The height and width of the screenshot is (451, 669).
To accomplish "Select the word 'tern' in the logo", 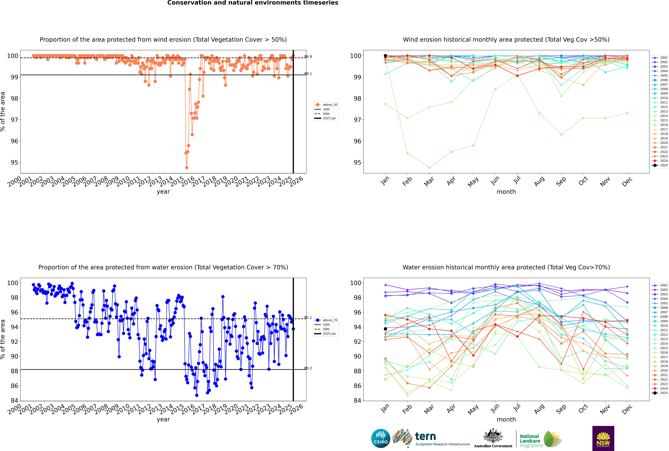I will (x=425, y=437).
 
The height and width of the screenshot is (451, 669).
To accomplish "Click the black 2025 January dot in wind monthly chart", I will (x=385, y=56).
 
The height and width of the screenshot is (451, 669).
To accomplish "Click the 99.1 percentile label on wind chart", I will (x=308, y=74).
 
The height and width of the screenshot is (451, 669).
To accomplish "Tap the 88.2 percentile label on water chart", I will (x=308, y=368).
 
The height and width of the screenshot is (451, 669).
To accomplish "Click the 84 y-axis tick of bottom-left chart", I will (x=14, y=400).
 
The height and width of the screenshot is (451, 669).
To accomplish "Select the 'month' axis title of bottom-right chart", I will (x=506, y=419).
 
